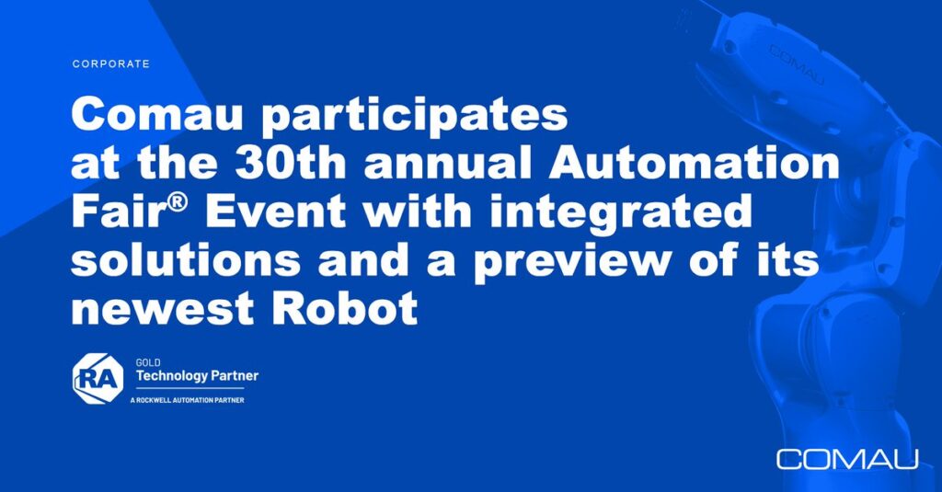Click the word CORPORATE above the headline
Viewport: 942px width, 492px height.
coord(111,63)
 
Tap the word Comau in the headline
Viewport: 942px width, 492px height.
coord(156,114)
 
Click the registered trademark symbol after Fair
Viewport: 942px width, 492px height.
coord(177,202)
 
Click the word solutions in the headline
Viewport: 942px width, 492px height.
coord(186,260)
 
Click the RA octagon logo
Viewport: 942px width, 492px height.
coord(98,379)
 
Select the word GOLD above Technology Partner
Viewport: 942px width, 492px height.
coord(148,363)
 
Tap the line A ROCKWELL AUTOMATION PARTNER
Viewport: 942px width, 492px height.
coord(187,400)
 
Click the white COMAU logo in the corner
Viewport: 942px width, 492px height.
coord(847,459)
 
